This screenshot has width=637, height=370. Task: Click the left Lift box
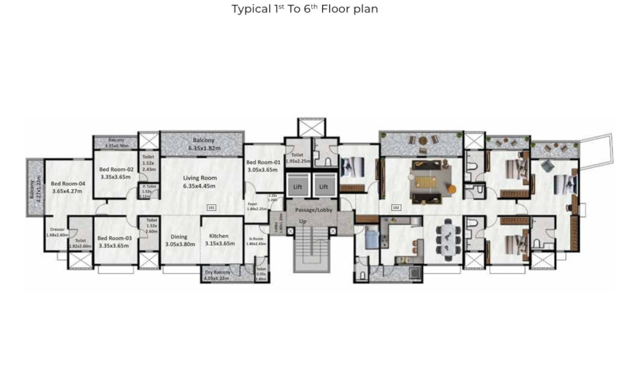tap(299, 186)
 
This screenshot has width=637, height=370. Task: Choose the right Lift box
tap(324, 186)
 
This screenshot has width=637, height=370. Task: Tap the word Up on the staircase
tap(303, 221)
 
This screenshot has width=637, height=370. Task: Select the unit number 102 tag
tap(397, 208)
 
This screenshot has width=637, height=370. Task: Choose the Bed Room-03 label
tap(113, 241)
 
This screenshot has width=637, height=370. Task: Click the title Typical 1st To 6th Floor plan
tap(305, 9)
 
